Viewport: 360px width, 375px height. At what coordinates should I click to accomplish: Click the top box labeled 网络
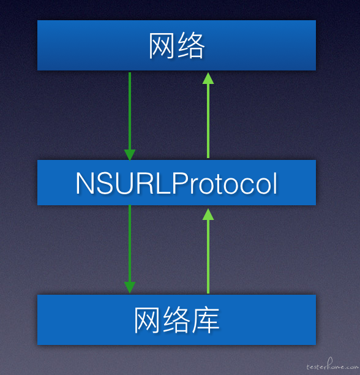(x=176, y=45)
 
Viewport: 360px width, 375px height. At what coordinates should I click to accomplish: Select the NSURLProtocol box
(x=176, y=183)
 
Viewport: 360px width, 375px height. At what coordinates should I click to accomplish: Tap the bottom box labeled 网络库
(x=176, y=320)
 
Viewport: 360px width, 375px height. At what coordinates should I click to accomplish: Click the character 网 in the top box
(x=162, y=45)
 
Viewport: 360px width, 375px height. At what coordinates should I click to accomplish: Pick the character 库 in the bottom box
(x=206, y=320)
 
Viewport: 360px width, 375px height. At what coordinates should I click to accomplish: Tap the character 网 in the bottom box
(x=147, y=320)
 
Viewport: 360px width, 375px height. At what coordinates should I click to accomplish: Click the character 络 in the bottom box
(x=176, y=320)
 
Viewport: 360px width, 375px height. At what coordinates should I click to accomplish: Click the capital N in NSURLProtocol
(x=86, y=183)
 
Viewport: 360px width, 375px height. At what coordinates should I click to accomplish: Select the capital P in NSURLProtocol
(x=179, y=183)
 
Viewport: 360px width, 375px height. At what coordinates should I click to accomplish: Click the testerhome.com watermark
(x=332, y=365)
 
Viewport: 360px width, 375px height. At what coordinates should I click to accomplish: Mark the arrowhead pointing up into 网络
(x=208, y=78)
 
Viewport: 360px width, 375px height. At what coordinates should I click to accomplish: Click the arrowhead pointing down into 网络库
(x=130, y=287)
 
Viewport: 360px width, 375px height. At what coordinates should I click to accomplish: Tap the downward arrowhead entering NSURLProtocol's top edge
(x=130, y=155)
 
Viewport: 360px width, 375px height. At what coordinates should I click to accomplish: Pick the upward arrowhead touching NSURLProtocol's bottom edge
(x=208, y=214)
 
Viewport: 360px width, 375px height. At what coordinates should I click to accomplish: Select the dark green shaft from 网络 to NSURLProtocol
(x=130, y=111)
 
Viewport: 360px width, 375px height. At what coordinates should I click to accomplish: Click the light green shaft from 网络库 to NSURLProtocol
(x=208, y=256)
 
